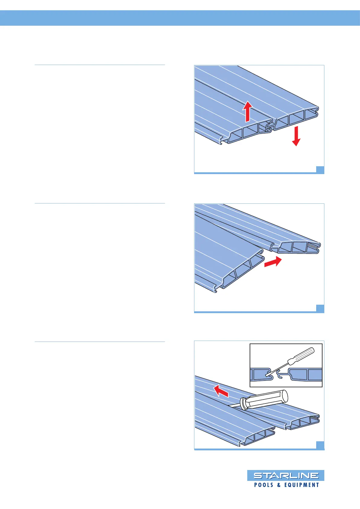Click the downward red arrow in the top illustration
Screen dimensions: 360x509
296,136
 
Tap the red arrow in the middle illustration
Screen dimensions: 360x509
273,262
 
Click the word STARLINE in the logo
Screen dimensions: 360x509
286,475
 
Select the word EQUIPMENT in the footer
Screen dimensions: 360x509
302,485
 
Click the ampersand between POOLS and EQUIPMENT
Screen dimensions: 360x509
279,485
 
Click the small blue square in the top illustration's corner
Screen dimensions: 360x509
320,170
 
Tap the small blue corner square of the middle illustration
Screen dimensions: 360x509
320,308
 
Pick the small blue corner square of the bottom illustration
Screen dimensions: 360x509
320,445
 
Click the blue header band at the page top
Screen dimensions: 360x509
180,18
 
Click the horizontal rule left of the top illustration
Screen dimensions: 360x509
100,65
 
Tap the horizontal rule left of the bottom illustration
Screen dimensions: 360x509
100,342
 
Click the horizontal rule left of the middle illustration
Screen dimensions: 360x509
100,203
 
